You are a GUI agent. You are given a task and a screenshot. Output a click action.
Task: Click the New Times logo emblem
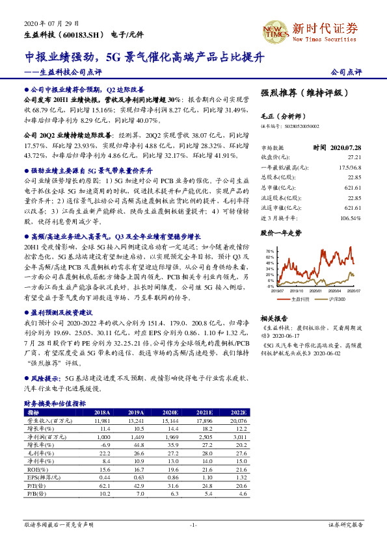coord(276,31)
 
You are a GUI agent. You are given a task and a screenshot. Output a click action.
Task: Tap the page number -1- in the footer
coord(193,524)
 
